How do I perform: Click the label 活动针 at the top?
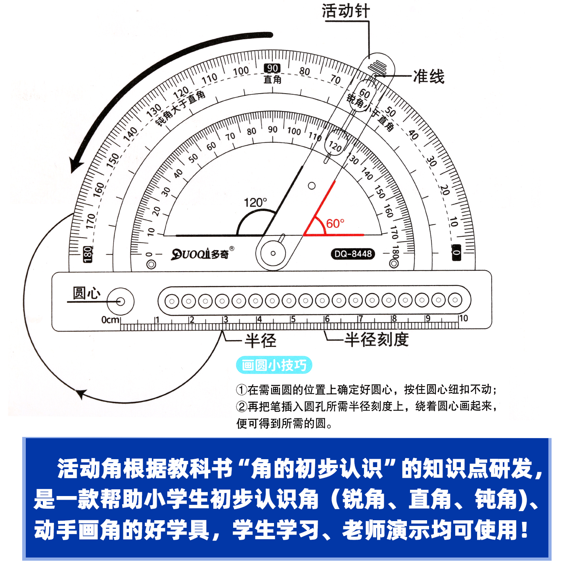tap(345, 11)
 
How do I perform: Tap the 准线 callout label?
tap(429, 77)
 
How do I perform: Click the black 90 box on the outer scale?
tap(272, 68)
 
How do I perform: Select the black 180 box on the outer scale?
tap(88, 254)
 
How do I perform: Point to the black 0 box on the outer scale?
tap(457, 252)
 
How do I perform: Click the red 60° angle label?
tap(335, 224)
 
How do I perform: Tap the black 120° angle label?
tap(255, 203)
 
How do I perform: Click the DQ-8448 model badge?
tap(353, 254)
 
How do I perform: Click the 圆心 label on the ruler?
tap(86, 293)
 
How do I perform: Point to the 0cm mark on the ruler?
tap(110, 320)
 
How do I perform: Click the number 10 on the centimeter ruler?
tap(463, 318)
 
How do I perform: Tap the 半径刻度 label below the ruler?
tap(376, 340)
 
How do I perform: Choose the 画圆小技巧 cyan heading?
tap(274, 365)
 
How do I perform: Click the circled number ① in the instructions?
tap(241, 390)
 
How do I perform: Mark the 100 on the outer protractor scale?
tap(241, 71)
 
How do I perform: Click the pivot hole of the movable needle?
tap(273, 253)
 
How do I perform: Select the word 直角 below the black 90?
tap(272, 80)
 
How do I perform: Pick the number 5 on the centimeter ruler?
tap(293, 319)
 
